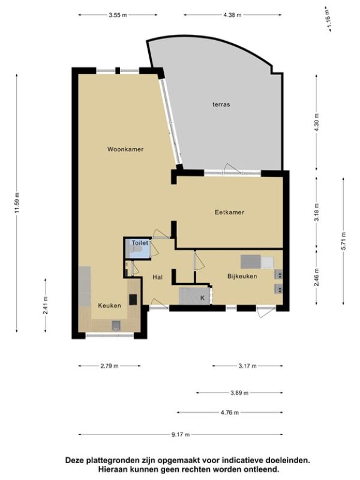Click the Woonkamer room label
pos(125,149)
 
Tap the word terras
pos(221,104)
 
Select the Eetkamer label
pos(229,212)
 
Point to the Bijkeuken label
pos(242,276)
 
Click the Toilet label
pos(140,243)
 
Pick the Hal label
pos(157,277)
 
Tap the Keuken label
pos(109,305)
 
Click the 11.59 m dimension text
pos(17,203)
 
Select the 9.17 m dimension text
pos(181,434)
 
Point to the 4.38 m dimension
pos(232,14)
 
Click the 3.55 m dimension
pos(118,14)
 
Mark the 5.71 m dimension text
pos(343,241)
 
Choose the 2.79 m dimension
pos(109,366)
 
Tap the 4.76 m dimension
pos(230,413)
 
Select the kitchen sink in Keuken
pos(116,325)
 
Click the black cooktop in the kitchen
pos(133,299)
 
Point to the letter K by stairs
pos(202,298)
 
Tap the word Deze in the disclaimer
pos(75,460)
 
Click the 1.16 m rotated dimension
pos(328,19)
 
